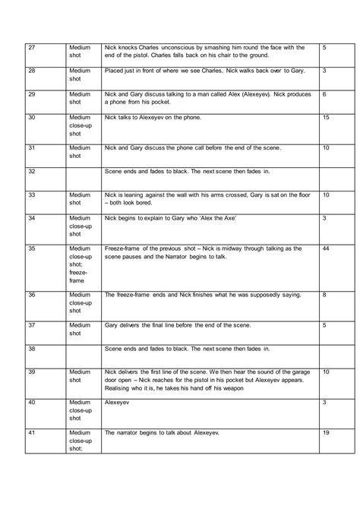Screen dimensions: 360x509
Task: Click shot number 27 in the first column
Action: (x=31, y=48)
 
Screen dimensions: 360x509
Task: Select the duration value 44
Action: (x=326, y=248)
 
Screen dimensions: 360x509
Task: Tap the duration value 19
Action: (x=326, y=432)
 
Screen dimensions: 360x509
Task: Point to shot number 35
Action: (x=32, y=248)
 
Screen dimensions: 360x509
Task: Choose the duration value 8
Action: (x=325, y=294)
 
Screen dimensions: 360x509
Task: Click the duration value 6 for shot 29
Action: (x=324, y=94)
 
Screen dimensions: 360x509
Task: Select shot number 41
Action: (x=31, y=432)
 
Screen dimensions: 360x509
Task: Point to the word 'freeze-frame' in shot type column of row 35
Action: (x=79, y=275)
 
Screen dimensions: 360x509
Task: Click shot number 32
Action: (x=31, y=172)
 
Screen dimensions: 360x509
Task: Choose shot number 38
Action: (x=31, y=349)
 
